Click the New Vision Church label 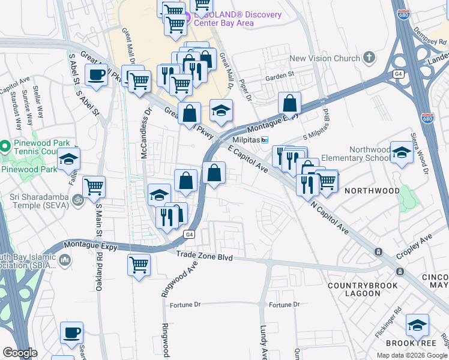[x=324, y=58]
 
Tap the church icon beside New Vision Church [x=369, y=58]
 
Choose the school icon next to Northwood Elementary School [x=402, y=154]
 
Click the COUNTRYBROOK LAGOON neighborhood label [x=363, y=289]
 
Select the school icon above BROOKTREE [x=417, y=326]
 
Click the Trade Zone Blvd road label [x=203, y=256]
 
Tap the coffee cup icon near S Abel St [x=96, y=76]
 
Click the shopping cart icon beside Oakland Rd [x=94, y=188]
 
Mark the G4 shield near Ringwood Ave [x=189, y=235]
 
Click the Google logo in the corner [x=20, y=353]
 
